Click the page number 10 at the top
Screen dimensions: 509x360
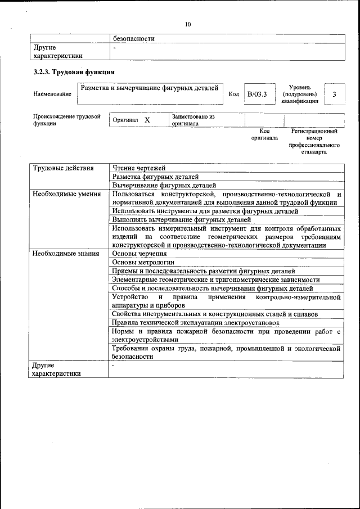[188, 24]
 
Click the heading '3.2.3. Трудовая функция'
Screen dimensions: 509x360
[74, 72]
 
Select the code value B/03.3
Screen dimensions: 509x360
[257, 94]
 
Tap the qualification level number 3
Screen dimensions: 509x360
[334, 94]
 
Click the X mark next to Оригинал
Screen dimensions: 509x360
[147, 120]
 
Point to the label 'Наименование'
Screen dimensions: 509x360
[52, 94]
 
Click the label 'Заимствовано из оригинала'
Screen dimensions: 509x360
[193, 120]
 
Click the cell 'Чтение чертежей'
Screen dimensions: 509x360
[139, 168]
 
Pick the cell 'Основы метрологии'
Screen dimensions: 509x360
[143, 262]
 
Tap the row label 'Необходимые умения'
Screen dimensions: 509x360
[66, 194]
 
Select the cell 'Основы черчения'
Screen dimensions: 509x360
[139, 254]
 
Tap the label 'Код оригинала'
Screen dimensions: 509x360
[264, 134]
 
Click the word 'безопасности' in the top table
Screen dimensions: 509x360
[134, 39]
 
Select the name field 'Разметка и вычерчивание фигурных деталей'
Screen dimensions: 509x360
[150, 88]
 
